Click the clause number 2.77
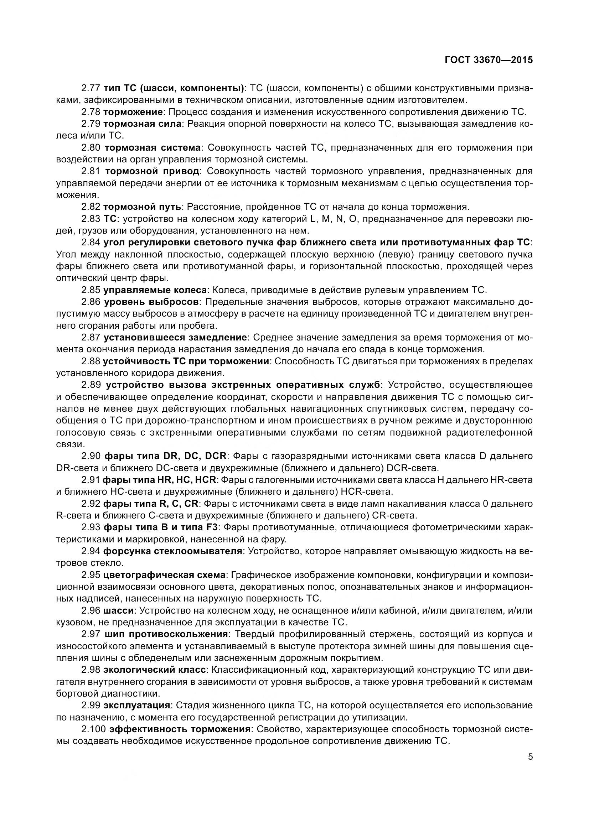(91, 88)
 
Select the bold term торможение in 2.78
(133, 112)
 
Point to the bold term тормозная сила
(142, 124)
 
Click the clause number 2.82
(91, 207)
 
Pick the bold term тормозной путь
(142, 207)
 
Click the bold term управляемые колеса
(155, 290)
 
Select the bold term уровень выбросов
(151, 302)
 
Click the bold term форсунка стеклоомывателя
(173, 551)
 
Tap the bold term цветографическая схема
(164, 575)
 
